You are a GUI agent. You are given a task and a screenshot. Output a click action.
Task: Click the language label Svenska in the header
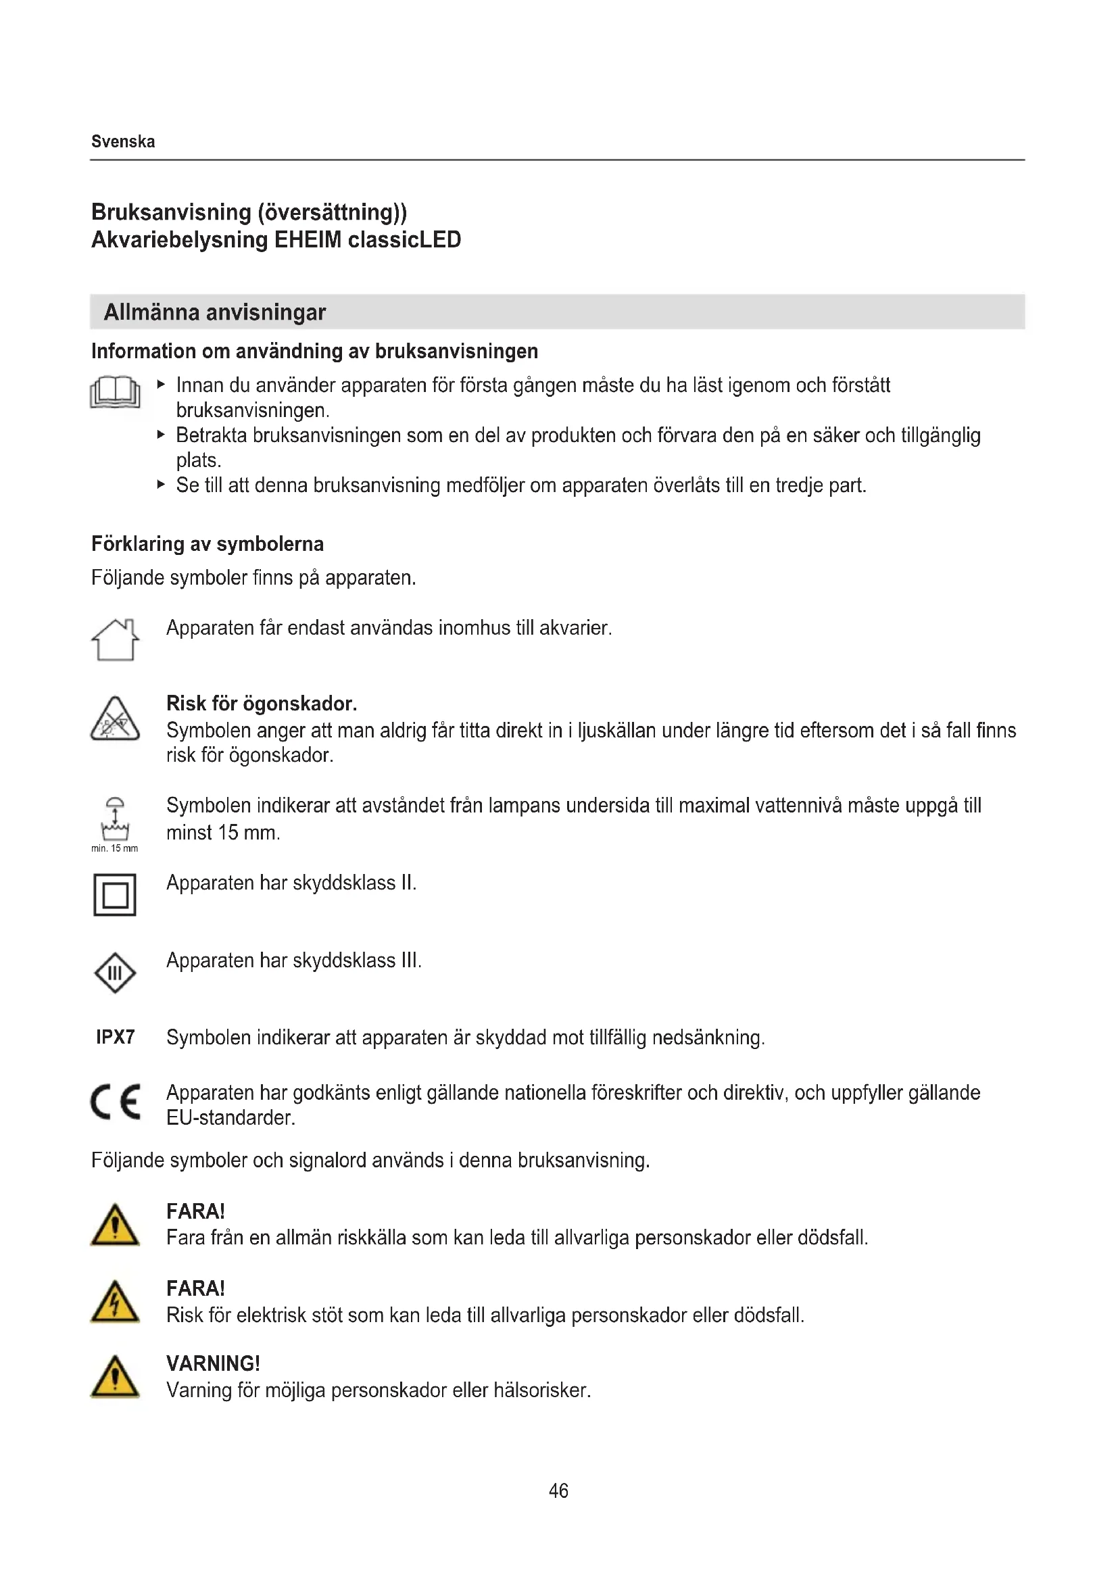[x=123, y=142]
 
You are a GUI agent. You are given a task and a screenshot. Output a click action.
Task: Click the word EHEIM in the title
[x=308, y=241]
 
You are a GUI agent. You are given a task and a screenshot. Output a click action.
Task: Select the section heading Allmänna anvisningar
[x=214, y=313]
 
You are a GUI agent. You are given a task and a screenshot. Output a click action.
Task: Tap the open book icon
[x=115, y=393]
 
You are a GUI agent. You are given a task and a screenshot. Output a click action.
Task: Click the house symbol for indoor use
[x=115, y=639]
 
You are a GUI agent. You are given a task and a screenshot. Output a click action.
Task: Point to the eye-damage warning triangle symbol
[x=115, y=720]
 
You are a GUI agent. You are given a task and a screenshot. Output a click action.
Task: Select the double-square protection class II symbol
[x=115, y=895]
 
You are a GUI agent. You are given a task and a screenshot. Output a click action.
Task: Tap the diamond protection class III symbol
[x=115, y=973]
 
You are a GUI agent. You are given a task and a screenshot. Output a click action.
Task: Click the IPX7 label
[x=116, y=1037]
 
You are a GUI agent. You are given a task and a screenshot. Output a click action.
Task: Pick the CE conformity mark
[x=116, y=1102]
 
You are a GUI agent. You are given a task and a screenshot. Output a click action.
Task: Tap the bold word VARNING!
[x=214, y=1363]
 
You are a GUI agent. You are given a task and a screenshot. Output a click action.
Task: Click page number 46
[x=558, y=1491]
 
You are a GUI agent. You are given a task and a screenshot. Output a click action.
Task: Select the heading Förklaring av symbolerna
[x=208, y=544]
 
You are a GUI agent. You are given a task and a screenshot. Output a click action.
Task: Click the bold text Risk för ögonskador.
[x=262, y=704]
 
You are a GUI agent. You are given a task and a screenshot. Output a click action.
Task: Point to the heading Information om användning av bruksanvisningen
[x=314, y=351]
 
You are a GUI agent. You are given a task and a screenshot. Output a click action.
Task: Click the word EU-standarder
[x=230, y=1117]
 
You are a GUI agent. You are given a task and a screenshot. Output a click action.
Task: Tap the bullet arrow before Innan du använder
[x=161, y=384]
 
